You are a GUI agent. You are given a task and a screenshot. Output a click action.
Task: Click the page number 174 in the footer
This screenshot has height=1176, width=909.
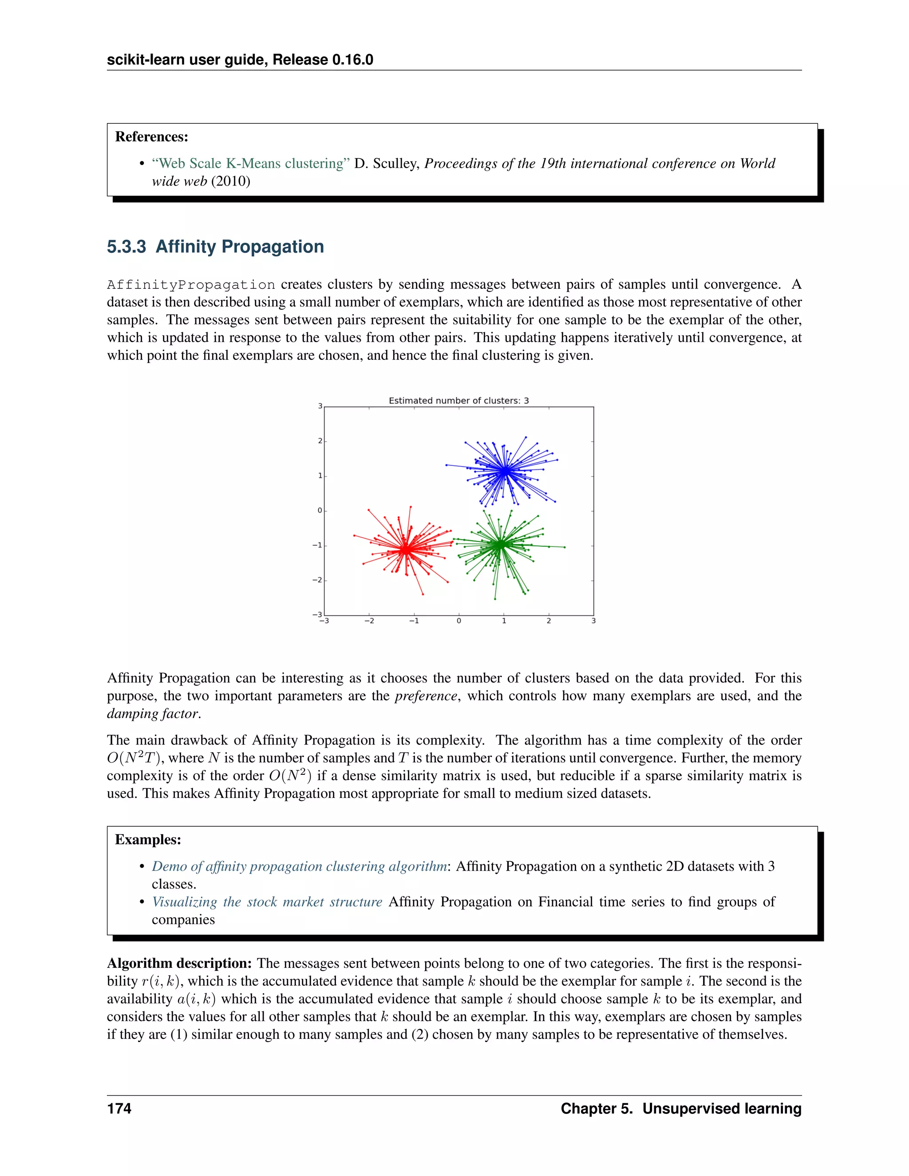point(119,1108)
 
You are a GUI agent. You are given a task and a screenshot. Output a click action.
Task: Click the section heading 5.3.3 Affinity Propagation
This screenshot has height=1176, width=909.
point(215,247)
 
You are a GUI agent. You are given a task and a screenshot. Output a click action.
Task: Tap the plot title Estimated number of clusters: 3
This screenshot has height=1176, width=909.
point(459,401)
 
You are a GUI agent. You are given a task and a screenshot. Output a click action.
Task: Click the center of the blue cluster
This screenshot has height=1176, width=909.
point(505,471)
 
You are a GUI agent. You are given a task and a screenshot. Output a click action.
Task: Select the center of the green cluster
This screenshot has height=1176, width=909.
point(500,545)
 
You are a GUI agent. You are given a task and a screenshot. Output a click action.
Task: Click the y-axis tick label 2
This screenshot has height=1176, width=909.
point(320,441)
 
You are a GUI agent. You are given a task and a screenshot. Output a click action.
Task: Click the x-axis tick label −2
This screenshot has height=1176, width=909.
point(369,621)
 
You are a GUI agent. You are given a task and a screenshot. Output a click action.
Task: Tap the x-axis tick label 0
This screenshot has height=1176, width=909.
point(459,621)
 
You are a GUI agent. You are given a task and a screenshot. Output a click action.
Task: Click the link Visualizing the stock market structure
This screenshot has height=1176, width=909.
point(267,902)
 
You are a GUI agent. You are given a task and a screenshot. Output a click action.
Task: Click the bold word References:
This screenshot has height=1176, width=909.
point(152,137)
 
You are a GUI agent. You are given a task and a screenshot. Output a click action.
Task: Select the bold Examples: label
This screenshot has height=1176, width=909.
point(148,840)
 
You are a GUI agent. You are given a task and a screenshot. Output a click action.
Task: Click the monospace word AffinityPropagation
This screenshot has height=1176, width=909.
point(191,285)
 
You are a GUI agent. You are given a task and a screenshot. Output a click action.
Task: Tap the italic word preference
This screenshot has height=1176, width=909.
point(426,696)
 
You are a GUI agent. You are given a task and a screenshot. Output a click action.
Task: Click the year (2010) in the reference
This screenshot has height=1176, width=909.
point(230,182)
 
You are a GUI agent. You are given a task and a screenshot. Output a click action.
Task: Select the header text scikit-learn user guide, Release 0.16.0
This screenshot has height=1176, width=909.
point(240,60)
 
